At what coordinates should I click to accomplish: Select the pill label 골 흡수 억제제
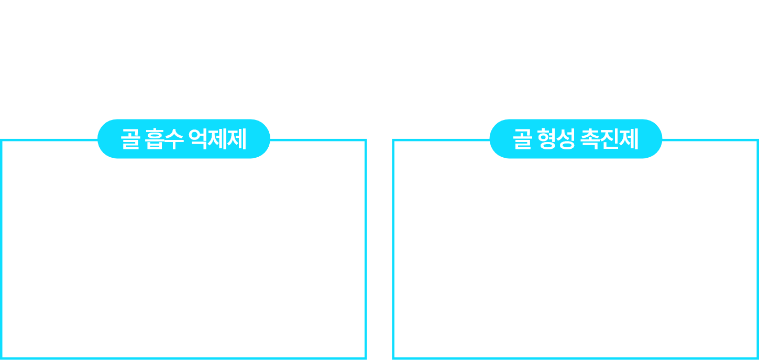click(x=184, y=139)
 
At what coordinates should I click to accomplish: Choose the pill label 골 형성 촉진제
click(x=576, y=139)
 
